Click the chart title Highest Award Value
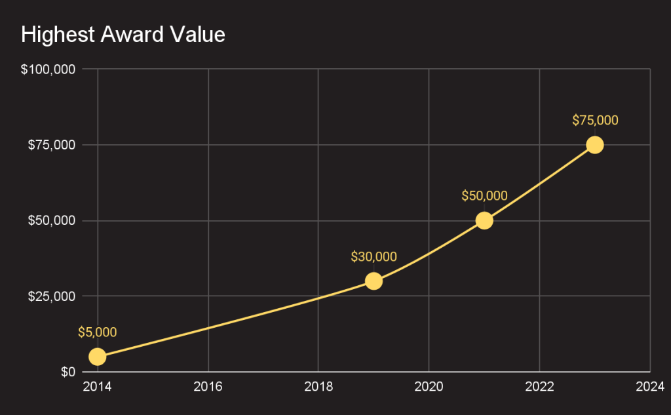(123, 35)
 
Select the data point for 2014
(97, 357)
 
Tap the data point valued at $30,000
(374, 281)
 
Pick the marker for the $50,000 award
(484, 220)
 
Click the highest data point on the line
(594, 145)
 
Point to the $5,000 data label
(97, 332)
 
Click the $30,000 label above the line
(374, 257)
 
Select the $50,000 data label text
(484, 196)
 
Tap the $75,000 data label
(594, 121)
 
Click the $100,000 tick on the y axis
(48, 69)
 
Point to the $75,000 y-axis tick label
(51, 145)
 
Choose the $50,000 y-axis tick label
(51, 220)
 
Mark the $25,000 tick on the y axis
(51, 296)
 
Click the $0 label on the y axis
(68, 372)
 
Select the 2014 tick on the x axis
(97, 386)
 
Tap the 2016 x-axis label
(208, 386)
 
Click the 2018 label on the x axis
(318, 386)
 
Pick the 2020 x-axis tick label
(429, 386)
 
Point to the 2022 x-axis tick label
(539, 386)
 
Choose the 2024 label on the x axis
(649, 386)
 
